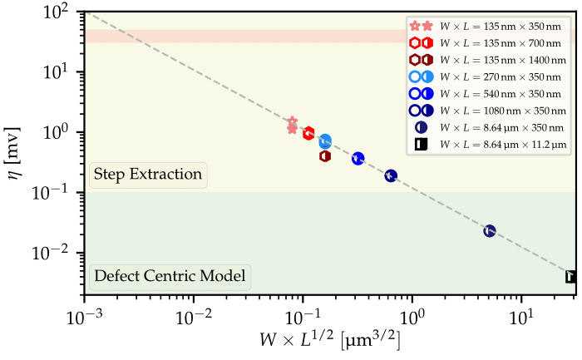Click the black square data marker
[572, 277]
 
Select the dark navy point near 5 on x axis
[490, 230]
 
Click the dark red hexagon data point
[326, 155]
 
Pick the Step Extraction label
[148, 175]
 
